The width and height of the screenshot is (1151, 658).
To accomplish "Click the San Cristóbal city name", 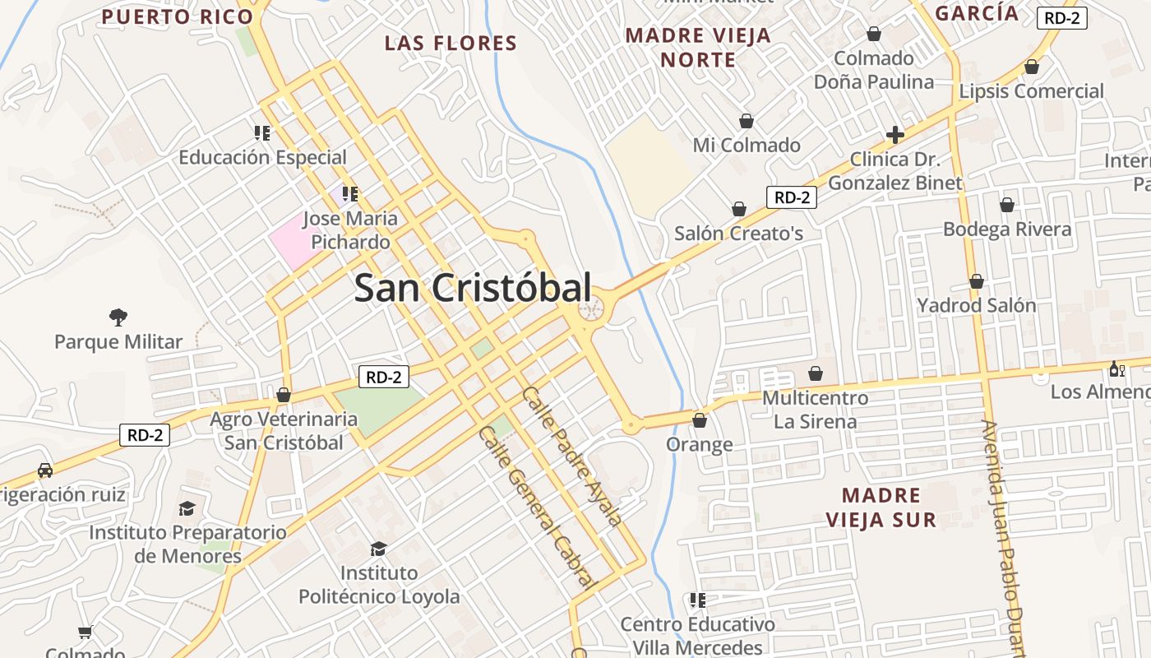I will coord(473,288).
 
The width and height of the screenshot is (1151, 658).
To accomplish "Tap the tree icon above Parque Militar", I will coord(118,317).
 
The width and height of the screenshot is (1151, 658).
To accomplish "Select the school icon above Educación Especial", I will coord(262,132).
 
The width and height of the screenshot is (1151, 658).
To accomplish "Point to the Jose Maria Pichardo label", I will coord(350,230).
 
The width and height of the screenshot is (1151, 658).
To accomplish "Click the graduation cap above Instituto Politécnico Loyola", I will coord(378,549).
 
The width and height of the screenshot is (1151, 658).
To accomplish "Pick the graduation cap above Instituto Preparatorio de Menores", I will coord(187,508).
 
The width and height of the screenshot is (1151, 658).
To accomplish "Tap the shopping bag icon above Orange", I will coord(700,420).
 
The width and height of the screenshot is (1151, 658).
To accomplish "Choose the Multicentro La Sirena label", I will coord(816,410).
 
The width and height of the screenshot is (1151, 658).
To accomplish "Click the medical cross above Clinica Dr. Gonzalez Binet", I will coord(895,135).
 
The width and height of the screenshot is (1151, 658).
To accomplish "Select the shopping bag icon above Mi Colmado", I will coord(747,121).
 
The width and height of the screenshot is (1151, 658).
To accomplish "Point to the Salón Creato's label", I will coord(738,233).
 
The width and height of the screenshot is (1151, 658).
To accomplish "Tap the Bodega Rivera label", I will coord(1007,229).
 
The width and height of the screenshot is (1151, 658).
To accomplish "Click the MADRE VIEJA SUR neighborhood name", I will coord(881,507).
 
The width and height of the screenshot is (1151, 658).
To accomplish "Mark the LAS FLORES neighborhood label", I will coord(451,43).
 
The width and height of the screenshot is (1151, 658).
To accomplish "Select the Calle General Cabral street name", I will coord(537,505).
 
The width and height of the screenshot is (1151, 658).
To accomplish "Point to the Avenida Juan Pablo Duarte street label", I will coord(1004,535).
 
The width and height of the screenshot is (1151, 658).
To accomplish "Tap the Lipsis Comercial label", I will coord(1031,90).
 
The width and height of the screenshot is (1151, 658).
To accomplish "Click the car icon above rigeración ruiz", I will coord(44,471).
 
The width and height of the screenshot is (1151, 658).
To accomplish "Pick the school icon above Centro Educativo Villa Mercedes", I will coord(698,600).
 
